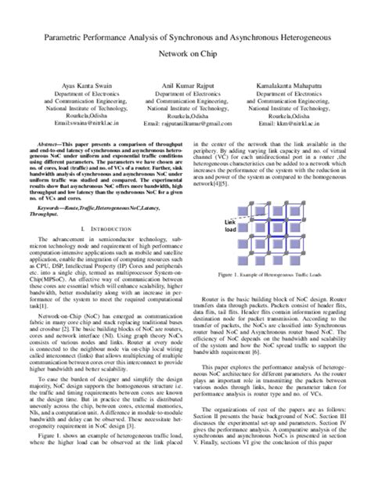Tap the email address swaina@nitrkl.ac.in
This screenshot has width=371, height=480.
[x=77, y=123]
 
